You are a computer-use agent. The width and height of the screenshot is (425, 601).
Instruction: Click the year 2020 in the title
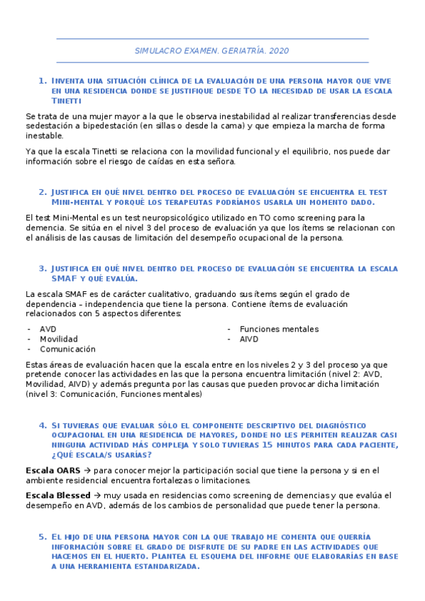[280, 51]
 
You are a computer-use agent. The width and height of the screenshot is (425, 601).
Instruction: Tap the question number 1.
[42, 81]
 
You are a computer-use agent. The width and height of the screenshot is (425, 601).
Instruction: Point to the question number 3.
[42, 269]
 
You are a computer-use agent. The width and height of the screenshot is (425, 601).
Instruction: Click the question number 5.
[42, 537]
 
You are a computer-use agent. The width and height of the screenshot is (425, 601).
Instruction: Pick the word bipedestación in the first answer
[98, 126]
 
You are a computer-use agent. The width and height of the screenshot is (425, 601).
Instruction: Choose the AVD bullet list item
[48, 329]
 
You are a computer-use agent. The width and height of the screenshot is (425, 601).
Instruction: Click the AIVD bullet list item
[249, 339]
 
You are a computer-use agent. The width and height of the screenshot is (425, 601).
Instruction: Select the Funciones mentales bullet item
[279, 329]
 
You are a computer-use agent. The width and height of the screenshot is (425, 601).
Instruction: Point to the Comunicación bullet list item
[67, 349]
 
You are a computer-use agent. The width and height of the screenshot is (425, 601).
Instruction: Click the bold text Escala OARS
[50, 471]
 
